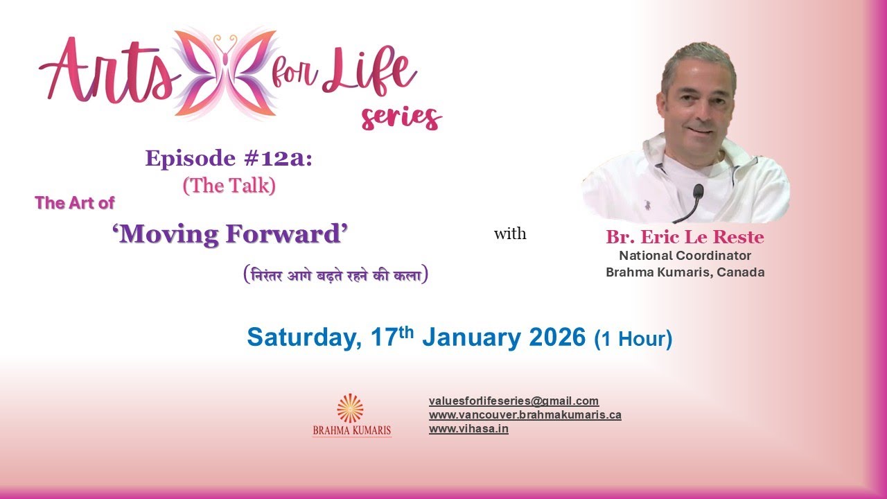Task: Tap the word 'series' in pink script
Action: click(401, 116)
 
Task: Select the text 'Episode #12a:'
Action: click(229, 159)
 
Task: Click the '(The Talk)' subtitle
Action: click(229, 186)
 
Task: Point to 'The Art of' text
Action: click(75, 203)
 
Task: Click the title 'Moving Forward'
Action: click(229, 235)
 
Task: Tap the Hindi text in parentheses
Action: click(335, 275)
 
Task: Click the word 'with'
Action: click(509, 234)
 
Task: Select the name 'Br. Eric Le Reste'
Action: click(685, 238)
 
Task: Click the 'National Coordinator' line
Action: click(685, 256)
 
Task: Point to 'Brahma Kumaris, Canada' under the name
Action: click(685, 272)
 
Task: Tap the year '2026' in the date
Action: click(556, 338)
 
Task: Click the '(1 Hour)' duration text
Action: click(633, 339)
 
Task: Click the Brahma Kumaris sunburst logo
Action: click(351, 408)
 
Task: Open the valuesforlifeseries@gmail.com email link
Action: click(513, 401)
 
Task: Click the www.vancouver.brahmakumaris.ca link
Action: click(525, 415)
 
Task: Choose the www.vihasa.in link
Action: click(468, 429)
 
